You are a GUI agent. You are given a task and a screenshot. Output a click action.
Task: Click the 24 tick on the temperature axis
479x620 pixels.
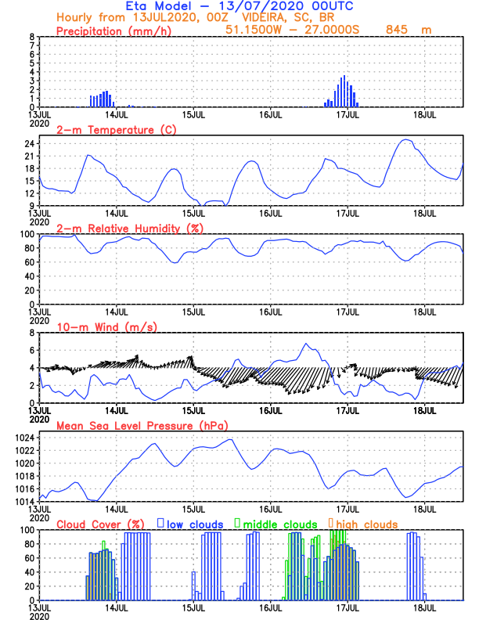click(x=30, y=144)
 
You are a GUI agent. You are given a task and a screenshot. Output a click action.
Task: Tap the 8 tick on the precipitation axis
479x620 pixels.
click(x=31, y=37)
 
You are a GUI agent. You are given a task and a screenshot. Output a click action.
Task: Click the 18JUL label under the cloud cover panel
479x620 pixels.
click(x=425, y=607)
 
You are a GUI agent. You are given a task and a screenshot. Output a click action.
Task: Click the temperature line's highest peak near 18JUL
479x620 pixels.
click(x=405, y=140)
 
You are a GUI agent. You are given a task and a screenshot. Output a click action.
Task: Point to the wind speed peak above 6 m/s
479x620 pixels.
click(x=306, y=344)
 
